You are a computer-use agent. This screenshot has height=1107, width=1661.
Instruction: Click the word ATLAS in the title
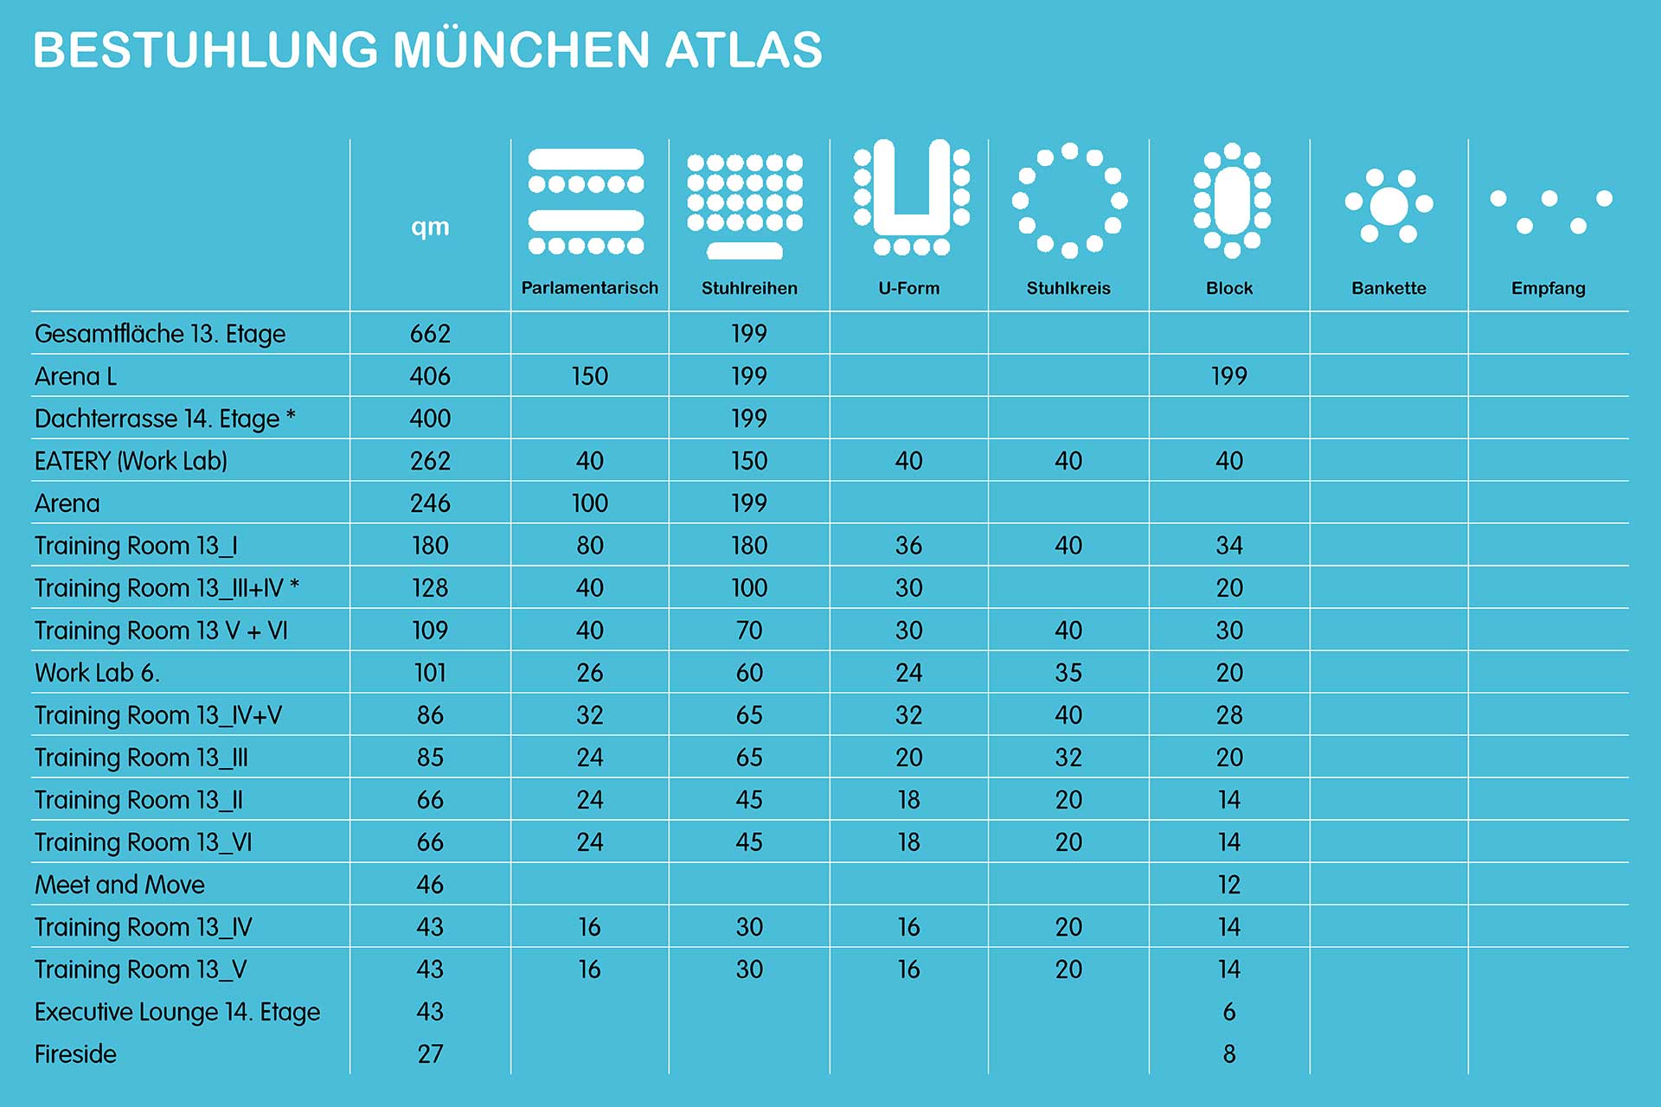coord(743,50)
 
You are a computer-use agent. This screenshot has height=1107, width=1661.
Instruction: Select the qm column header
coord(430,227)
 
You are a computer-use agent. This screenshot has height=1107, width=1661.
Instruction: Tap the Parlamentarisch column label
coord(589,288)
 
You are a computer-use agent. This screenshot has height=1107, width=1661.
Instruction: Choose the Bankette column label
coord(1388,288)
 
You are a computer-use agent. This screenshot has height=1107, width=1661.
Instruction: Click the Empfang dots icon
coord(1550,211)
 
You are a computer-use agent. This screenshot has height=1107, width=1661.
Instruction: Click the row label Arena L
coord(75,376)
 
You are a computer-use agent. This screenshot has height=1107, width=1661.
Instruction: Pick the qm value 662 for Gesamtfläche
coord(430,334)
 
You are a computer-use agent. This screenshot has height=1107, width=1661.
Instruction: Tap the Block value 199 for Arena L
coord(1228,376)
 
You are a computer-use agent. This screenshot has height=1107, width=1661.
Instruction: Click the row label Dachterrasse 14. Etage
coord(164,419)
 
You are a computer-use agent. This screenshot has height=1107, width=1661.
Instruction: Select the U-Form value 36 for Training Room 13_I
coord(908,546)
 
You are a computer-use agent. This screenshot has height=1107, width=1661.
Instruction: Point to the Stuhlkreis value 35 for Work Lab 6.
coord(1068,673)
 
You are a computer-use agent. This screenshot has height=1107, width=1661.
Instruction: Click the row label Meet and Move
coord(119,885)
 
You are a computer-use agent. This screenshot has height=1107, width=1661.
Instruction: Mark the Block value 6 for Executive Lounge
coord(1229,1012)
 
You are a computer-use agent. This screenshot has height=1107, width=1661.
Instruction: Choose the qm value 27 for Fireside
coord(430,1054)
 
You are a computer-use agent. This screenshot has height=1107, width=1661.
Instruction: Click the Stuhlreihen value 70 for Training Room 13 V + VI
coord(749,630)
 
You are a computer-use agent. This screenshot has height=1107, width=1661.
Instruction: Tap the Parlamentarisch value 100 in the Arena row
coord(589,503)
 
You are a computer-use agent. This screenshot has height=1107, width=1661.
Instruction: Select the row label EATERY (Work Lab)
coord(131,461)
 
